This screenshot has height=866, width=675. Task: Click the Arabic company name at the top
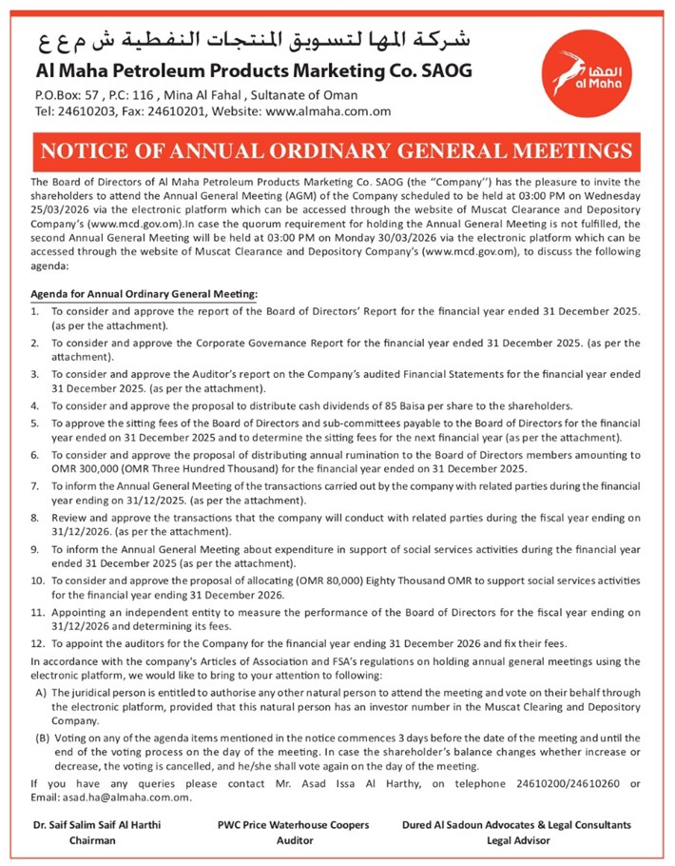254,41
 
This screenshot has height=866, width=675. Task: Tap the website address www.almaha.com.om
328,110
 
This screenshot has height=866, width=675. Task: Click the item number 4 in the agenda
36,404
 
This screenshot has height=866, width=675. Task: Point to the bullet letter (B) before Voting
43,738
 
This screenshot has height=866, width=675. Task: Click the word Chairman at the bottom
92,841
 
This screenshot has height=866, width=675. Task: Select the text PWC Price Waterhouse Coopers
293,825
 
